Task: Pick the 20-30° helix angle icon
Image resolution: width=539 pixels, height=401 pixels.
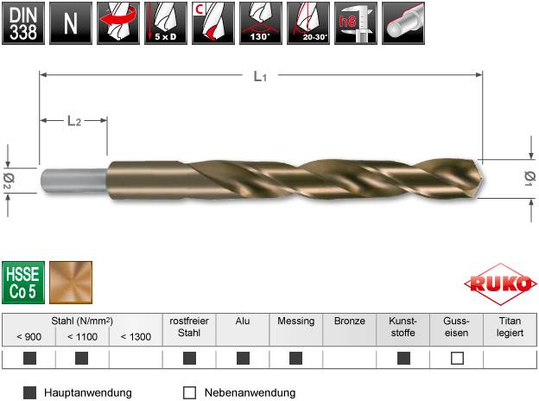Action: (x=302, y=22)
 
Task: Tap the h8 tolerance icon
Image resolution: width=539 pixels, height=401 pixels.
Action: (x=349, y=22)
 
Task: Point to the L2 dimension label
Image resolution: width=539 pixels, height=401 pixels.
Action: (x=73, y=121)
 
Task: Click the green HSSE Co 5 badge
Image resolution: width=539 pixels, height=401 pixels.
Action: (x=23, y=280)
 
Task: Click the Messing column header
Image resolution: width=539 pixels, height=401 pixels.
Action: (x=296, y=321)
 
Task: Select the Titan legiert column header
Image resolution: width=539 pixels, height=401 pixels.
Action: (x=510, y=326)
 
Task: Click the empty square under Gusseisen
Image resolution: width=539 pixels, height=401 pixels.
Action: (x=457, y=358)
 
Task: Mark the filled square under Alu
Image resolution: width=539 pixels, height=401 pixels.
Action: (x=243, y=358)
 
